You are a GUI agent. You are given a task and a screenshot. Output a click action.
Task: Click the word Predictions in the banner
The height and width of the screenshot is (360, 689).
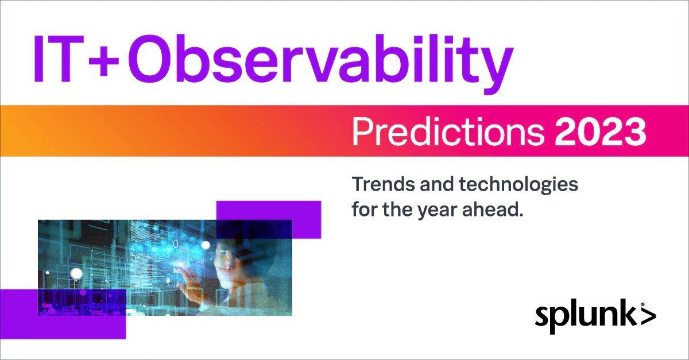(x=448, y=131)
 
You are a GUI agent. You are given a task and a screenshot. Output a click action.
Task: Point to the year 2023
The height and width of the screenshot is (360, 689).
(x=600, y=132)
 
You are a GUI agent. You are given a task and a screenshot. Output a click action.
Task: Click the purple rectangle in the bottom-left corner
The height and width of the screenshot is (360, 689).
(x=63, y=314)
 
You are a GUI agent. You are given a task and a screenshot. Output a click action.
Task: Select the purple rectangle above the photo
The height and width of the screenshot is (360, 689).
(x=269, y=219)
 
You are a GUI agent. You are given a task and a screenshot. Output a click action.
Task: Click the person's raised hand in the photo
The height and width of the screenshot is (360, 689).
(x=191, y=281)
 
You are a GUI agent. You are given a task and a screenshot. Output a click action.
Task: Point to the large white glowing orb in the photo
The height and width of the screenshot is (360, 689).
(x=76, y=273)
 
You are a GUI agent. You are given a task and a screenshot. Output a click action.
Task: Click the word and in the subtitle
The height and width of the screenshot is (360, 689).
(x=437, y=184)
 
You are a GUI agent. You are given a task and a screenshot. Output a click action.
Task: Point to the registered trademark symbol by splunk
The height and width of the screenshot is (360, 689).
(x=643, y=304)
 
